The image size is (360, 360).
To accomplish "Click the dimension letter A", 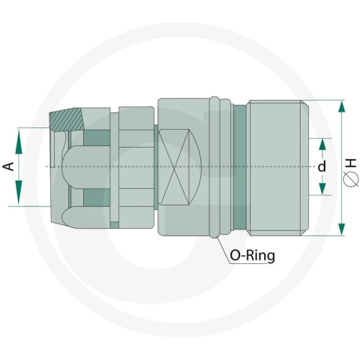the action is click(9, 166).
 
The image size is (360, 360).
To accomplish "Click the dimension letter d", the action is click(322, 166).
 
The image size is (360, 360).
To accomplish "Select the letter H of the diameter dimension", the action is click(352, 163).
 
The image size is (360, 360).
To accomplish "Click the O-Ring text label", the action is click(252, 256).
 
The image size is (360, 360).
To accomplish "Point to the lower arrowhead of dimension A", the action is click(19, 193).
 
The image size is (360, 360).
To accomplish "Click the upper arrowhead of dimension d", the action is click(322, 145).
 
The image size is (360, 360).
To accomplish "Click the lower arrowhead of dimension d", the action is click(322, 188).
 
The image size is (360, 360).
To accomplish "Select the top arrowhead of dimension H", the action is click(341, 106).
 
